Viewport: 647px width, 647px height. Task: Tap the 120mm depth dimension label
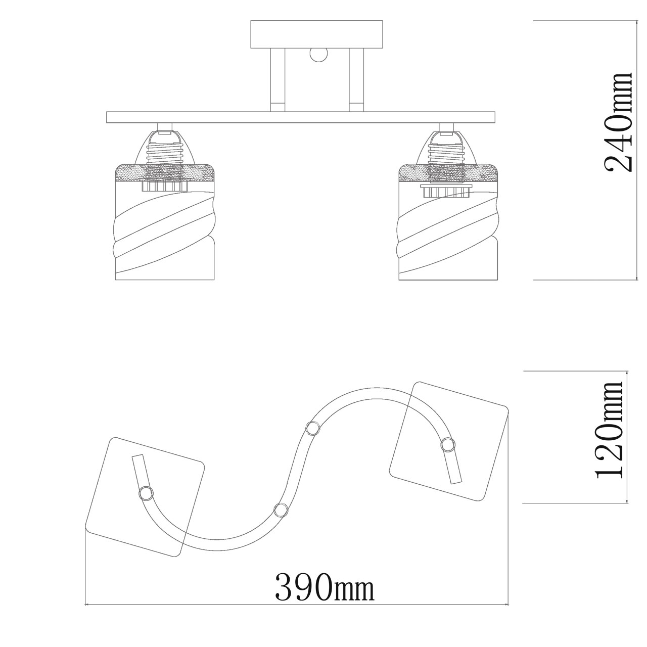point(609,431)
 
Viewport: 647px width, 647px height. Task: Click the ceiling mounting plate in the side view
point(316,34)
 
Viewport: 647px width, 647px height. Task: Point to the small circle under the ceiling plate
point(318,55)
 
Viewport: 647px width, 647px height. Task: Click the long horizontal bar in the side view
point(301,117)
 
